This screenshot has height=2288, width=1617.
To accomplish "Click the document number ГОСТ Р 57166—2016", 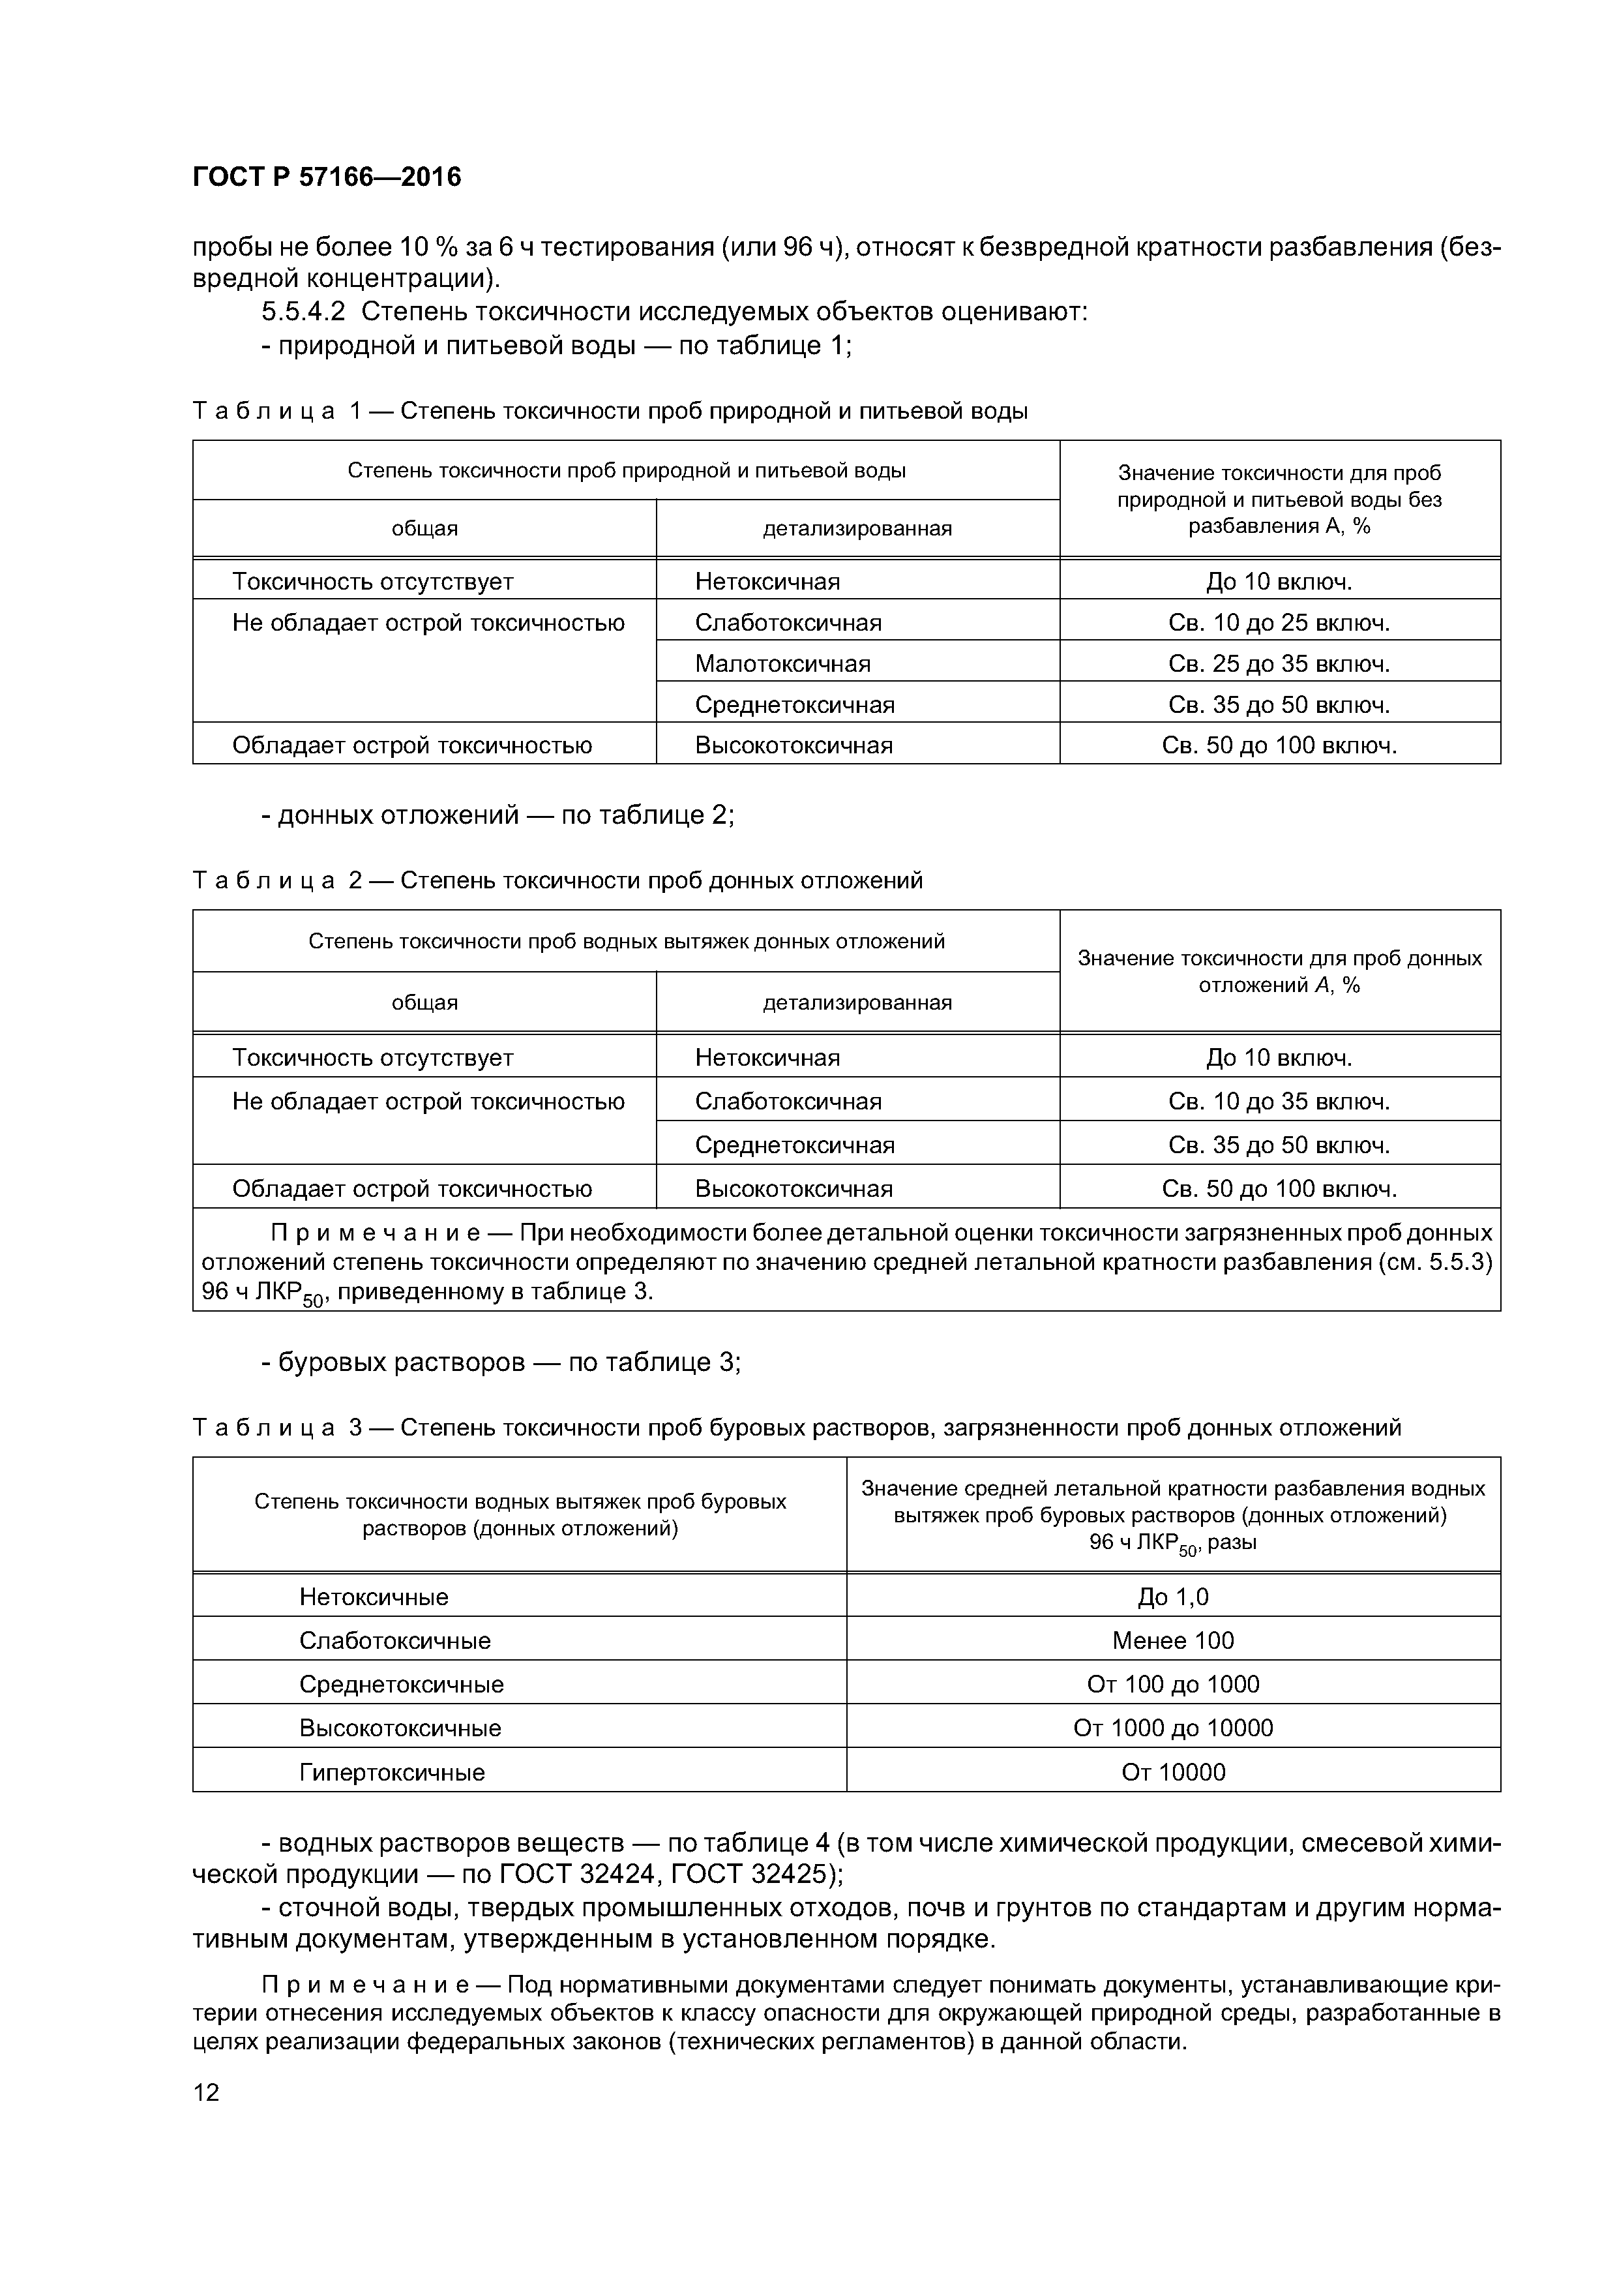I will pyautogui.click(x=327, y=177).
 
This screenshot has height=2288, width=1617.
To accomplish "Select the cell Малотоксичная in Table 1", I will pyautogui.click(x=782, y=664).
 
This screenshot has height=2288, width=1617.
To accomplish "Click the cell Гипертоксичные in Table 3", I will pyautogui.click(x=392, y=1772).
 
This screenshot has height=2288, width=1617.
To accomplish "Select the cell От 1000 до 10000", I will pyautogui.click(x=1172, y=1728).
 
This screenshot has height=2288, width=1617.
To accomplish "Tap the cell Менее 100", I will pyautogui.click(x=1172, y=1640).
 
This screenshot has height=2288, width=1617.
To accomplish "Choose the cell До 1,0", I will pyautogui.click(x=1172, y=1597).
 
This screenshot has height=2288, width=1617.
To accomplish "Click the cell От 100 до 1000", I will pyautogui.click(x=1172, y=1684).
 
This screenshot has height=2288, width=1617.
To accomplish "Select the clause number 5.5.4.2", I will pyautogui.click(x=303, y=312).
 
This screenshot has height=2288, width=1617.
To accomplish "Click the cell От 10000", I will pyautogui.click(x=1172, y=1772).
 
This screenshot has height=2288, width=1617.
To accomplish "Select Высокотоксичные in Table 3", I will pyautogui.click(x=400, y=1728).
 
